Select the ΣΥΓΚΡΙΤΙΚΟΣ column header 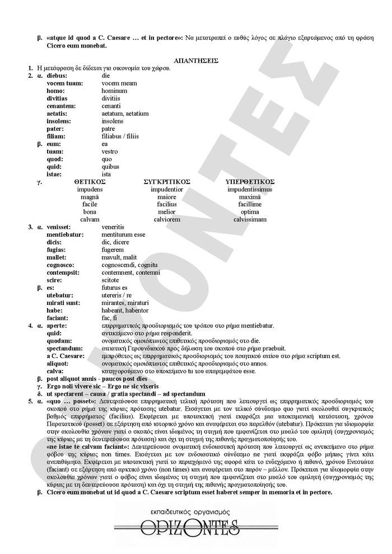coord(167,182)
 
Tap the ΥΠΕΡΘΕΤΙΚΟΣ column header coord(249,182)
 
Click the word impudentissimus coord(250,190)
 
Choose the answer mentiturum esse coord(120,234)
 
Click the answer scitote coord(110,280)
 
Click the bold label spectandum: coord(64,348)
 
